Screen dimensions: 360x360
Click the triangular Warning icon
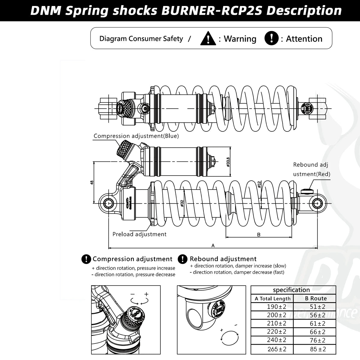pos(208,39)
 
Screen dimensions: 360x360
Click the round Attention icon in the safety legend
pos(271,38)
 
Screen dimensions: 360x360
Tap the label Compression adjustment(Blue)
pos(136,136)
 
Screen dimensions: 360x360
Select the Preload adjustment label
pos(139,234)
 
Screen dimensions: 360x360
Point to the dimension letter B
pos(259,235)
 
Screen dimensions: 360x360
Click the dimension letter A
pos(213,245)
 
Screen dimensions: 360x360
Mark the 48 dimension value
pos(92,182)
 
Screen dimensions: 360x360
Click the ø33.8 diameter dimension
pos(228,162)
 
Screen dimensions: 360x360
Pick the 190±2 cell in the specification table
pos(276,307)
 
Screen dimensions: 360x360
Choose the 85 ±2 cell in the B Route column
pos(318,349)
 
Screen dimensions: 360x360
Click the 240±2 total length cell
pos(276,340)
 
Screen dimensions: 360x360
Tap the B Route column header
pos(316,298)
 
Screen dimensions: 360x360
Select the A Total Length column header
pos(272,298)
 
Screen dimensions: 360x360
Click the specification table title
pos(291,290)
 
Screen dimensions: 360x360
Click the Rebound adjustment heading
pos(223,259)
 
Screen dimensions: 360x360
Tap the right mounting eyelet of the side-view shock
pos(316,203)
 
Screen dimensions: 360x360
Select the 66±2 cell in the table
pos(318,332)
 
